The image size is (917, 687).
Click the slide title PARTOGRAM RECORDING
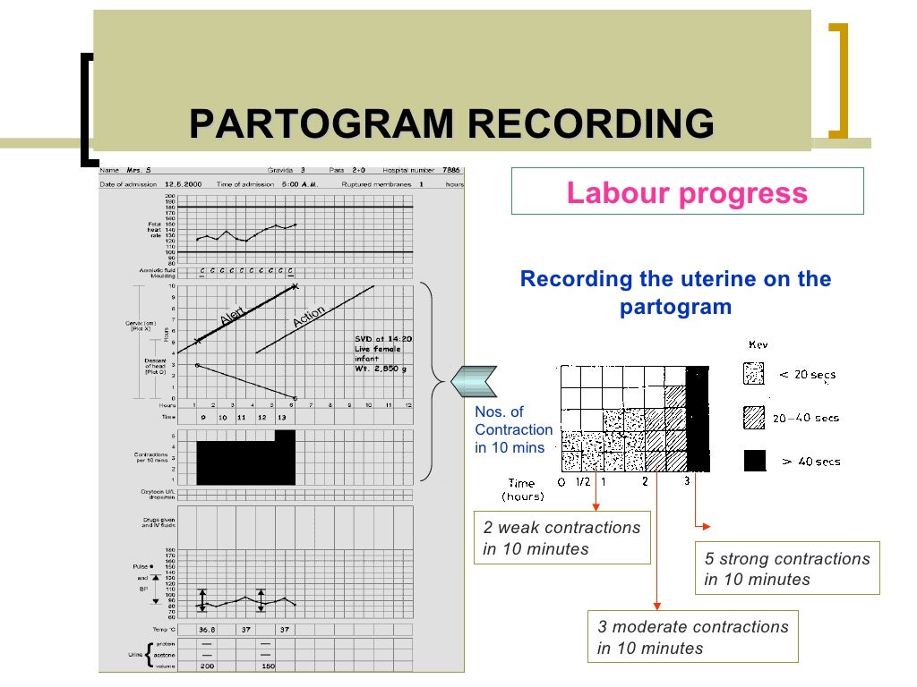(452, 123)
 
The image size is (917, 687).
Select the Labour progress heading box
(687, 192)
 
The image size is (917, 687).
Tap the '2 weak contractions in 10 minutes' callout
(561, 539)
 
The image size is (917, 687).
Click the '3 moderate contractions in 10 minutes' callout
(693, 637)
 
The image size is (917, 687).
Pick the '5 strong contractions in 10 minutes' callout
(787, 569)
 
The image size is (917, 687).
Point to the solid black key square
(755, 461)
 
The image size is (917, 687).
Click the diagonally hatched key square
(754, 417)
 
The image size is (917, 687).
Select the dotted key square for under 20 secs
(754, 374)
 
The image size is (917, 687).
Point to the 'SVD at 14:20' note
(384, 339)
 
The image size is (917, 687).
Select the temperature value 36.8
(208, 630)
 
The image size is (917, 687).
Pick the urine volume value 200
(207, 666)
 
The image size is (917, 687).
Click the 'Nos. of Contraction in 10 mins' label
(513, 430)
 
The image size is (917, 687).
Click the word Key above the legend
(758, 344)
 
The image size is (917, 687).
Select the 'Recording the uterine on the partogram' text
(675, 293)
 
